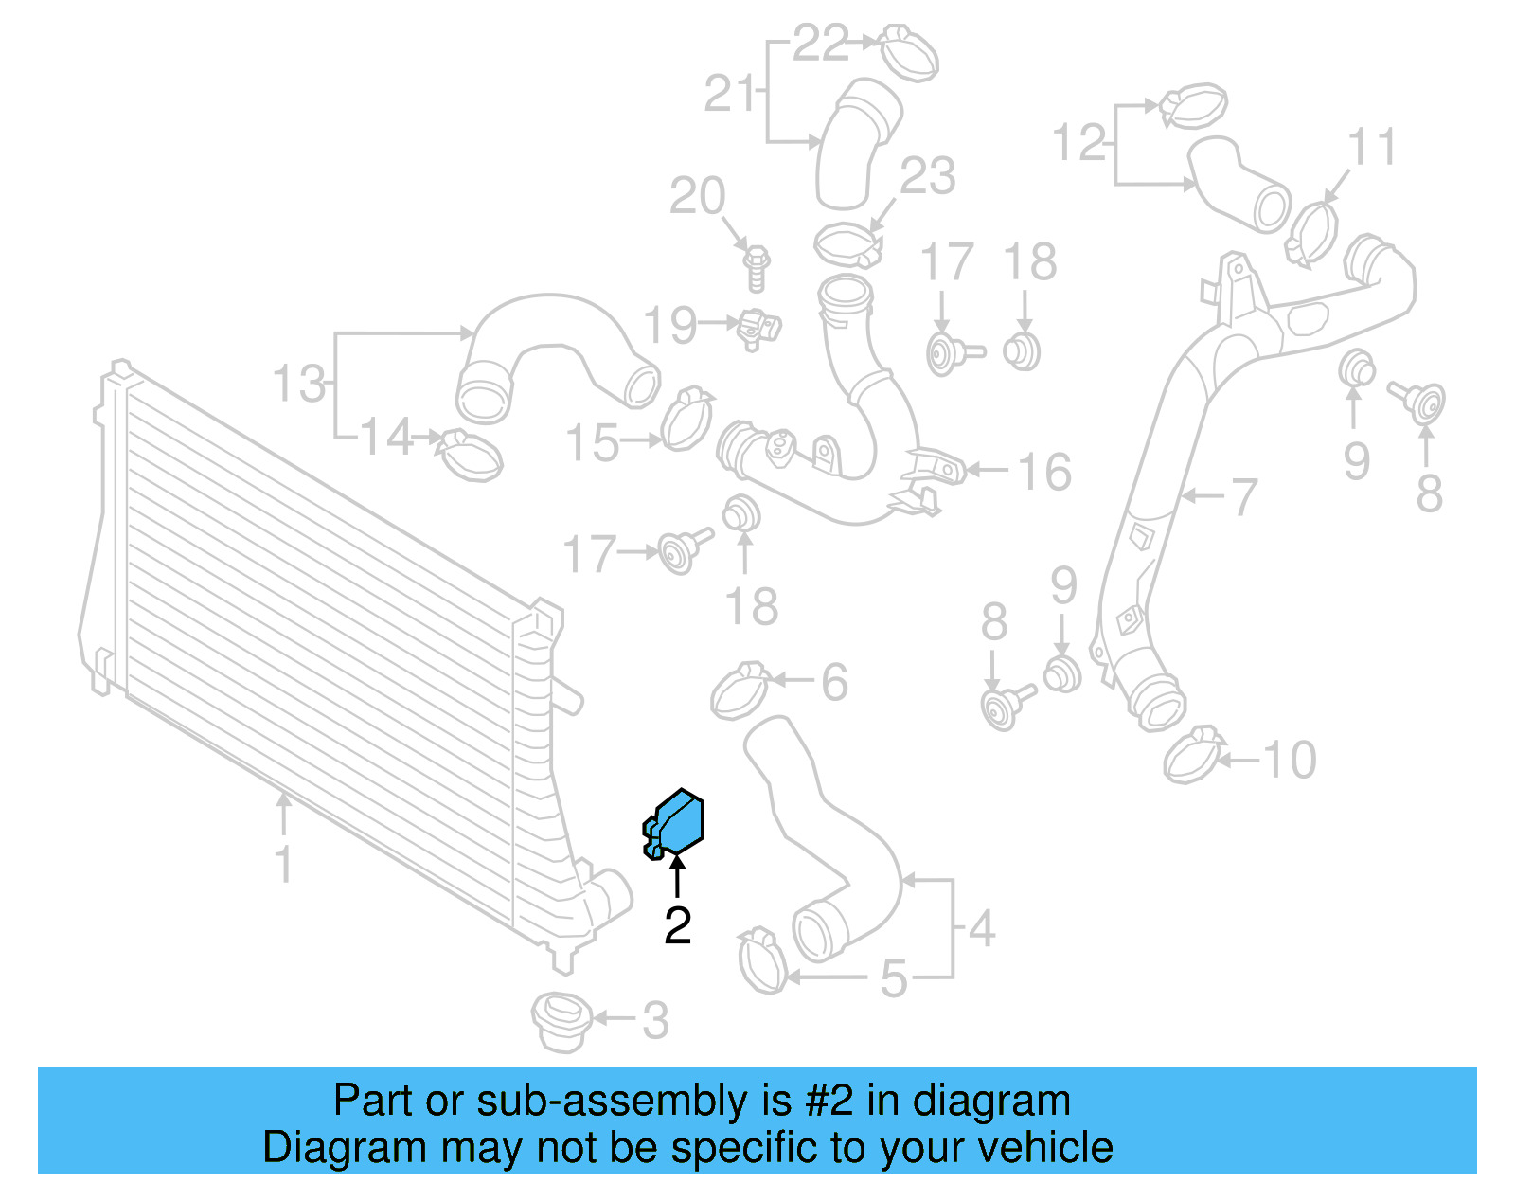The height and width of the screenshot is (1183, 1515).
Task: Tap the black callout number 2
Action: coord(677,925)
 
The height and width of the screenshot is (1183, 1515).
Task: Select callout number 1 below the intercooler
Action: coord(283,864)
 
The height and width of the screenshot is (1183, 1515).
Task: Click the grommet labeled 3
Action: coord(561,1021)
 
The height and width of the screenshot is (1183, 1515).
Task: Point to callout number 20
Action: coord(697,196)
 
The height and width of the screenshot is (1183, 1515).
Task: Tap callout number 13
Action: coord(299,384)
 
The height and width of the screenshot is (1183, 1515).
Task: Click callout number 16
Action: coord(1044,472)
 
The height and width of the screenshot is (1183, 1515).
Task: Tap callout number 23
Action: coord(928,176)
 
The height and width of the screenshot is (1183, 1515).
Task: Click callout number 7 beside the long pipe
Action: coord(1242,496)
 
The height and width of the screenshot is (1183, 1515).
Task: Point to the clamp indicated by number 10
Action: coord(1193,755)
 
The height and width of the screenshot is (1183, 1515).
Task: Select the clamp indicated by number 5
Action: coord(761,959)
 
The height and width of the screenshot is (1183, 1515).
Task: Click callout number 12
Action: coord(1079,143)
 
